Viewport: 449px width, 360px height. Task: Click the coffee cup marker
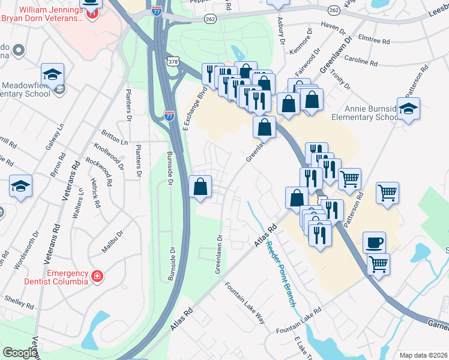pyautogui.click(x=374, y=242)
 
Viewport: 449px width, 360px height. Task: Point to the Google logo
pyautogui.click(x=20, y=353)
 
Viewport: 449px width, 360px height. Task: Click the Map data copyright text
pyautogui.click(x=423, y=355)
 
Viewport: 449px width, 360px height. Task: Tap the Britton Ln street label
pyautogui.click(x=115, y=138)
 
